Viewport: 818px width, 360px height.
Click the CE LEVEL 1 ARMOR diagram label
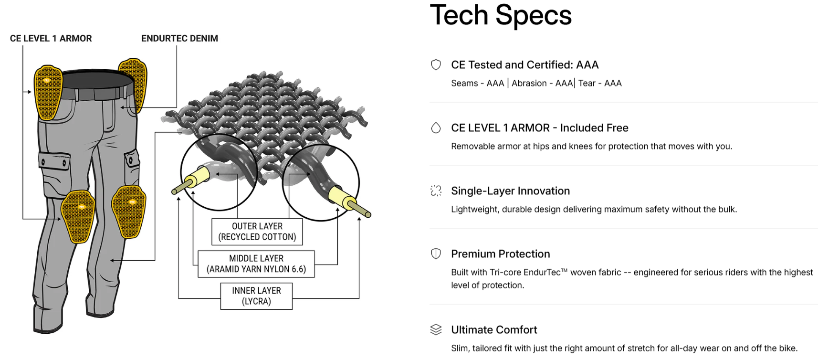[x=51, y=39]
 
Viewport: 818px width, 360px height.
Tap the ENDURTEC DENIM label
[x=179, y=39]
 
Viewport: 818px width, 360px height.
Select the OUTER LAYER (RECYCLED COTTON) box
[x=257, y=232]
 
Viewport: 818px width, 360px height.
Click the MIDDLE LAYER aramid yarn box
[x=256, y=264]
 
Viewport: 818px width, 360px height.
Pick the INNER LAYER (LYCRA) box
[x=256, y=296]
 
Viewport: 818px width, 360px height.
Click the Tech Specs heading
[x=501, y=15]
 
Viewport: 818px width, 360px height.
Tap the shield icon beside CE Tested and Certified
[x=436, y=65]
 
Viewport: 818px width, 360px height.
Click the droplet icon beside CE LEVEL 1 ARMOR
[x=436, y=128]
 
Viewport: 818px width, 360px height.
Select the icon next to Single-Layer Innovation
[x=436, y=191]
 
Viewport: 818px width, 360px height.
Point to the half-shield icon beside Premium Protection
[x=436, y=254]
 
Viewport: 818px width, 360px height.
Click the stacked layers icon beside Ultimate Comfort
[x=436, y=330]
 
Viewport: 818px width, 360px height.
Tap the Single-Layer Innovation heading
[x=510, y=191]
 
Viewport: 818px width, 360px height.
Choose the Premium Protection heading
[x=500, y=254]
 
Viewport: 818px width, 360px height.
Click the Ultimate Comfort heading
[x=494, y=330]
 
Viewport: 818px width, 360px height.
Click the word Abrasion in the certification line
[x=529, y=84]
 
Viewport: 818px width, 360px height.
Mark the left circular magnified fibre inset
[x=219, y=172]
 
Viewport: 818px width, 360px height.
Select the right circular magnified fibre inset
[x=321, y=182]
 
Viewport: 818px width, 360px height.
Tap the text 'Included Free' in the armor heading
[x=594, y=128]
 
